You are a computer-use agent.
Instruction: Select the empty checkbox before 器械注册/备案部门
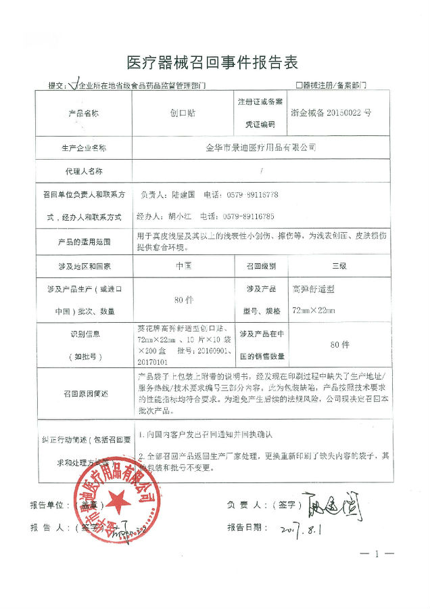click(298, 87)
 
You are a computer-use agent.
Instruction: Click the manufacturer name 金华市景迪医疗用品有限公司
click(260, 146)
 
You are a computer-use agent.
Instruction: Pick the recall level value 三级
click(338, 266)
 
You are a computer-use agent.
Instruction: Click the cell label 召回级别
click(260, 266)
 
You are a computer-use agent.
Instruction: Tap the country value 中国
click(183, 266)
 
